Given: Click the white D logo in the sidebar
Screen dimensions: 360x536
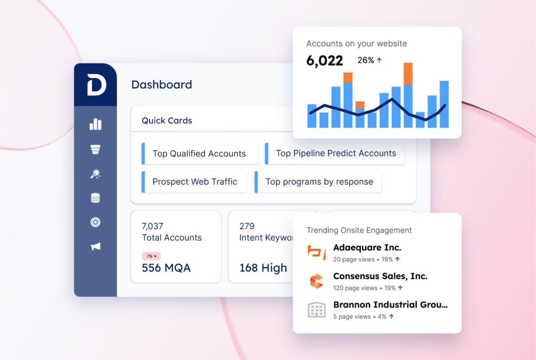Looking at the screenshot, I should coord(96,85).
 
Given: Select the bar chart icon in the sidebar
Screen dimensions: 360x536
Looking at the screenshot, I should coord(95,124).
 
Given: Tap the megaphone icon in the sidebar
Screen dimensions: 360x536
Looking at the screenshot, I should coord(95,246).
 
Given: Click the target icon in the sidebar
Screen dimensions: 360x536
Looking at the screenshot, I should coord(95,222).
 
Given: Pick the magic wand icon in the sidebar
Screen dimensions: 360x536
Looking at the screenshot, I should coord(95,174).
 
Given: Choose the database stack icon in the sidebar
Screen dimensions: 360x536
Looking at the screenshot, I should coord(95,198).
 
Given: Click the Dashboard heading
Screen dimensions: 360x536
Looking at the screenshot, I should coord(162,85).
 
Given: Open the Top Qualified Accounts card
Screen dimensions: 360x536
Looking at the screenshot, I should coord(199,154).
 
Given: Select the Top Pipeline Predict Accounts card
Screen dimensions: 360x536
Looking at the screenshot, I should coord(335,153).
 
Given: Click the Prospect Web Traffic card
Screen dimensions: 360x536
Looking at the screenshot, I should coord(195,182).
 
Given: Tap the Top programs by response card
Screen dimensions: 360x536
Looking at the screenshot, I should coord(319,182).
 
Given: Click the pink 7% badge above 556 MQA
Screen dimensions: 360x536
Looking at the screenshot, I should coord(151,256).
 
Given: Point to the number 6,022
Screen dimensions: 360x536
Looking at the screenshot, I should coord(325,61).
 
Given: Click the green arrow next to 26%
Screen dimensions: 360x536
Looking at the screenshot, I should coord(379,60).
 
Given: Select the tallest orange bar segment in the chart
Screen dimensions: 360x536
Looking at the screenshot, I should coord(408,73).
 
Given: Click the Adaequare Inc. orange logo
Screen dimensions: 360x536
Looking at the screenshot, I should coord(317,251).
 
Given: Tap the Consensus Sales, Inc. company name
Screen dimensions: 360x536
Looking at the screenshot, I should coord(380,276).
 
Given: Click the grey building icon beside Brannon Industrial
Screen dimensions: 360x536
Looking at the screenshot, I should coord(317,309).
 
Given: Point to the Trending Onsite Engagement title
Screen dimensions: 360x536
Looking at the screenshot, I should coord(359,230).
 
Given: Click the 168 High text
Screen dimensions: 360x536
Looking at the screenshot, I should coord(263,268).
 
